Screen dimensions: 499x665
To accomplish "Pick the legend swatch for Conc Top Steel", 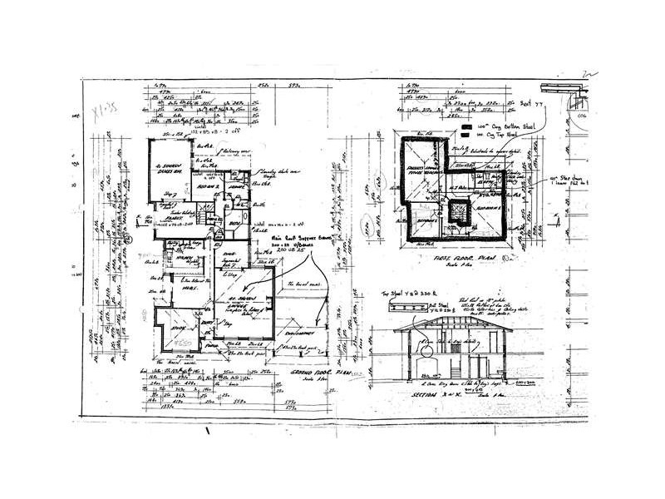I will click(x=465, y=133).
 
